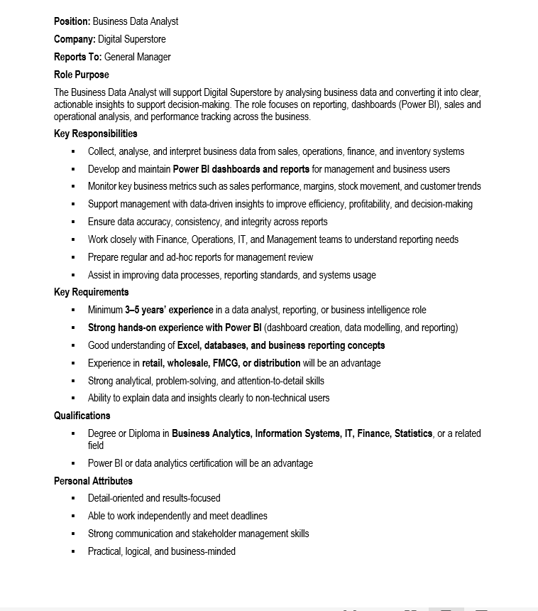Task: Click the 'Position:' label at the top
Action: point(72,21)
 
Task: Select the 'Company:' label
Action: point(75,39)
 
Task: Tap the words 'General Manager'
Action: point(137,57)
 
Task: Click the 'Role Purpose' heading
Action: point(82,75)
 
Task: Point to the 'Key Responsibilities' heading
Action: point(96,134)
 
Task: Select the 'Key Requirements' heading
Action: point(92,292)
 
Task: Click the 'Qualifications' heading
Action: point(82,416)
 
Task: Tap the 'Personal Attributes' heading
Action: point(93,481)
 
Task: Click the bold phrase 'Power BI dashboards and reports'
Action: point(241,169)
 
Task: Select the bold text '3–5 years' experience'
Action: point(169,310)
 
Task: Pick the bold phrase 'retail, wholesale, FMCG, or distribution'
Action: point(221,363)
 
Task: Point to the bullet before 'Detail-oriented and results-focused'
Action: point(73,499)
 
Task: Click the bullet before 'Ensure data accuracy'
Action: point(73,222)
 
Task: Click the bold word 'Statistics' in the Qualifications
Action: point(413,433)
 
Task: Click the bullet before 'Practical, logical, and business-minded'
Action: point(73,552)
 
